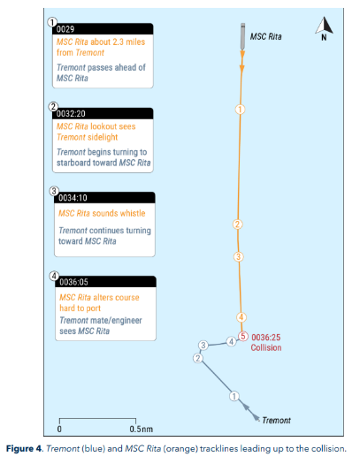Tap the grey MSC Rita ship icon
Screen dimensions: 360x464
tap(242, 36)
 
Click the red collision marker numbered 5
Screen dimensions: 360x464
tap(243, 337)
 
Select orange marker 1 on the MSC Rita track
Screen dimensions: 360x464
tap(240, 110)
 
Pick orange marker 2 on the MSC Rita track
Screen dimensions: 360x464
tap(237, 224)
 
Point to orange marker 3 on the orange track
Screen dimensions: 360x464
tap(238, 256)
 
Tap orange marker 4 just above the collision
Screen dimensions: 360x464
tap(241, 317)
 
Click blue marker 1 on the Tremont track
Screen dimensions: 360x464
tap(234, 396)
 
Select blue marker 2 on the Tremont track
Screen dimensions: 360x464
tap(198, 358)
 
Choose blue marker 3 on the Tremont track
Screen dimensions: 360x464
tap(203, 345)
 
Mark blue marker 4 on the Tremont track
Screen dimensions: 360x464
tap(231, 342)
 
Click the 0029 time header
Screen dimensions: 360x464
tap(65, 29)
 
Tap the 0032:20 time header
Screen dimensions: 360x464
tap(71, 114)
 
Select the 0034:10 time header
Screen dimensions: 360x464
tap(73, 198)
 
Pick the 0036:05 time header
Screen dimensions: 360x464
tap(73, 282)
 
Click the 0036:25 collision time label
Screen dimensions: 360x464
tap(266, 338)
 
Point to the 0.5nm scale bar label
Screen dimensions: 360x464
tap(142, 429)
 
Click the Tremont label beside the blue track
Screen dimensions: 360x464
tap(277, 420)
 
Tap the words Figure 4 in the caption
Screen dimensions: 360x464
tap(24, 449)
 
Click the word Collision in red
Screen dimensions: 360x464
tap(266, 347)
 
